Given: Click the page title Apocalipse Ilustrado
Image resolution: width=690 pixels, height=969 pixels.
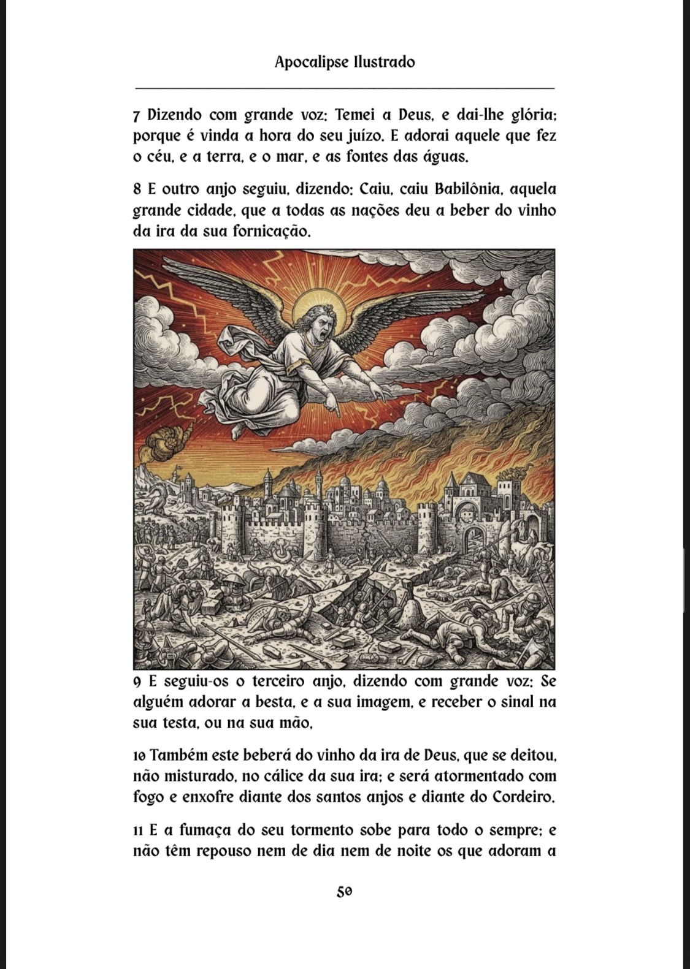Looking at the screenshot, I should coord(345,62).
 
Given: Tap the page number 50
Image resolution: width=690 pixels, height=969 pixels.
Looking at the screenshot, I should coord(345,891).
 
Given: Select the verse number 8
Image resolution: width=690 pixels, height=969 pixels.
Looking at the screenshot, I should coord(137,189).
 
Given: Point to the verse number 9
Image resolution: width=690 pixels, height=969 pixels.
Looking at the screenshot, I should coord(137,682).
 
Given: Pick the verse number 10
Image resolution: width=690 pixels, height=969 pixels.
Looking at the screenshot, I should coord(139,755).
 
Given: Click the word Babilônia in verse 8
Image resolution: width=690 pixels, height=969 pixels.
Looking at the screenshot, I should coord(470,189).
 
